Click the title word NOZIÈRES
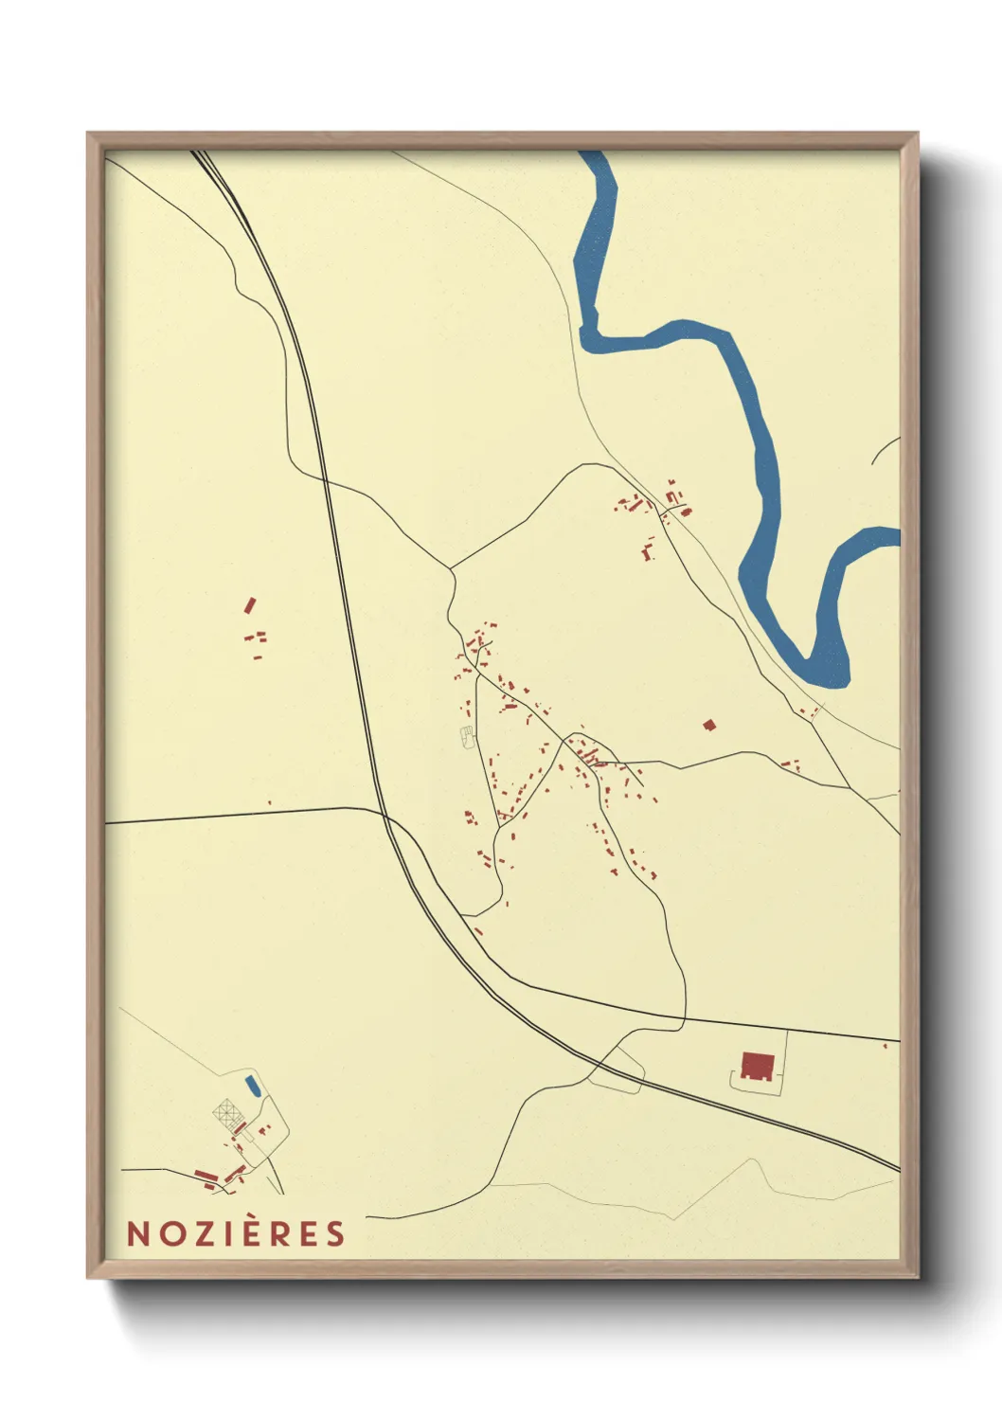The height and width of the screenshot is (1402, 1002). tap(236, 1233)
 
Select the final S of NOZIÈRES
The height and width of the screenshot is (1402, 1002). tap(334, 1233)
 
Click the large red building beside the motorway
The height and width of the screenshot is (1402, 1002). tap(757, 1066)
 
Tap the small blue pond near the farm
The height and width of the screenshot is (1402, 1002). tap(251, 1084)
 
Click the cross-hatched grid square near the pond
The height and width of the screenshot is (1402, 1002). tap(225, 1110)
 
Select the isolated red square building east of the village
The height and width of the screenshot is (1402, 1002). tap(709, 725)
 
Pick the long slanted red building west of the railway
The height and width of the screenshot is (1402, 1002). tap(250, 604)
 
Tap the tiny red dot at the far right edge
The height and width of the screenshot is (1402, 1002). tap(885, 1046)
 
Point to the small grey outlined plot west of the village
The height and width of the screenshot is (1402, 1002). tap(466, 737)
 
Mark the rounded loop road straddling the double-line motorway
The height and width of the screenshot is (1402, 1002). tap(617, 1070)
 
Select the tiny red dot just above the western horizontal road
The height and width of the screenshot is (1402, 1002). tap(269, 803)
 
